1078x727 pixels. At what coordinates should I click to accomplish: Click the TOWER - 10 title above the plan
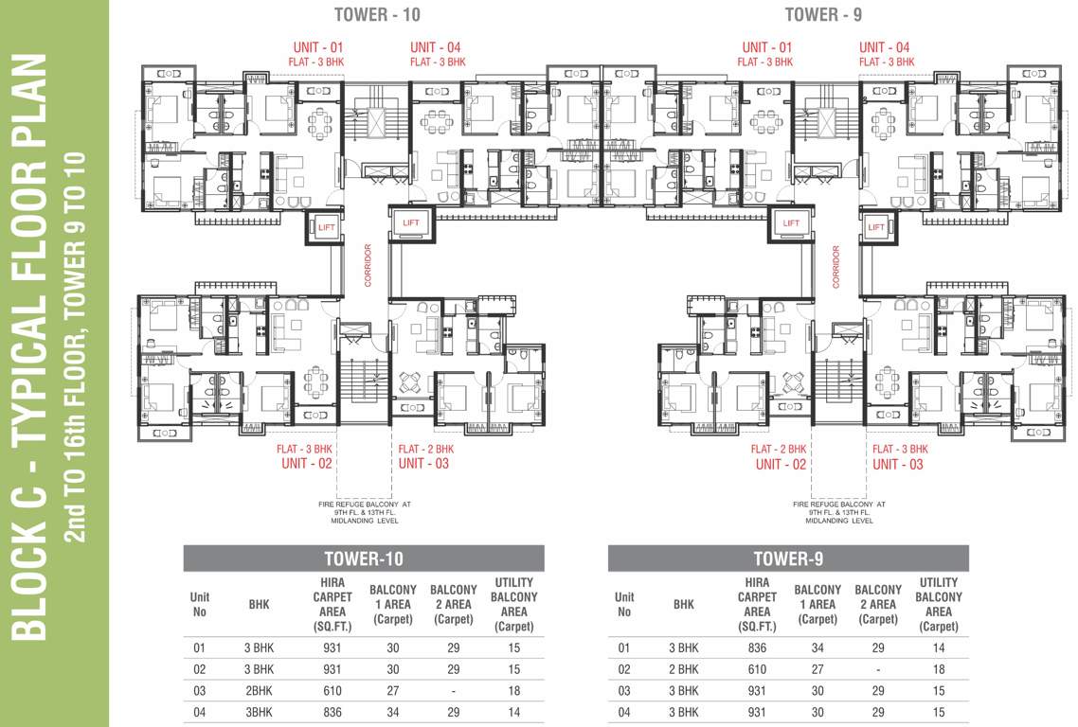coord(377,14)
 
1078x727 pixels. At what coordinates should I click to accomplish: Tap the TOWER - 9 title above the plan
coord(823,14)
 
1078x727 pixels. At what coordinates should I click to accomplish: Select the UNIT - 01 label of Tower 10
coord(317,47)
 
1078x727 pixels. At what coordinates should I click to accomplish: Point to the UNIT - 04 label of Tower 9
coord(884,47)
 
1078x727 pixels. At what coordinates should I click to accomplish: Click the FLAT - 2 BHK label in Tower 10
coord(426,449)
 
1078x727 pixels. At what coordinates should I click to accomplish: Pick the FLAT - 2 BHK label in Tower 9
coord(779,449)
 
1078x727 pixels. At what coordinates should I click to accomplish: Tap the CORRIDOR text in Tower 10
coord(368,265)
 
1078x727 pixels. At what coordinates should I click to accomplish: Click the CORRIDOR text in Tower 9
coord(836,267)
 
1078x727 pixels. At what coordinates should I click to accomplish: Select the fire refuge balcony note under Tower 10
coord(365,513)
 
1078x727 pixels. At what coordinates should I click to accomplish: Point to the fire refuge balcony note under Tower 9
coord(838,513)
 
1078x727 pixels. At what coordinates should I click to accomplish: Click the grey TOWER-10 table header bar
coord(364,559)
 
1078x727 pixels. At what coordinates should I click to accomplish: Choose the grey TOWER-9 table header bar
coord(788,559)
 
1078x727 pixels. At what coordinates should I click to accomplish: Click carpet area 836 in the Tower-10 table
coord(332,713)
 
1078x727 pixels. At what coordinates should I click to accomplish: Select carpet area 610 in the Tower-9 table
coord(757,669)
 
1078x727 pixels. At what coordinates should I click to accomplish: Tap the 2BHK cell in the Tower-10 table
coord(260,691)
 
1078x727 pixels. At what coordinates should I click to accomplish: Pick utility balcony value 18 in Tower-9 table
coord(939,669)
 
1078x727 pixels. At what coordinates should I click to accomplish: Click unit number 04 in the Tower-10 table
coord(199,713)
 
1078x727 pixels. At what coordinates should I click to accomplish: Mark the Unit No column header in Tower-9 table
coord(624,605)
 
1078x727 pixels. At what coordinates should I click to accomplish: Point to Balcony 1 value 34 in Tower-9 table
coord(817,648)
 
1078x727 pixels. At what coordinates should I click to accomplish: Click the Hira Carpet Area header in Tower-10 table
coord(332,605)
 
